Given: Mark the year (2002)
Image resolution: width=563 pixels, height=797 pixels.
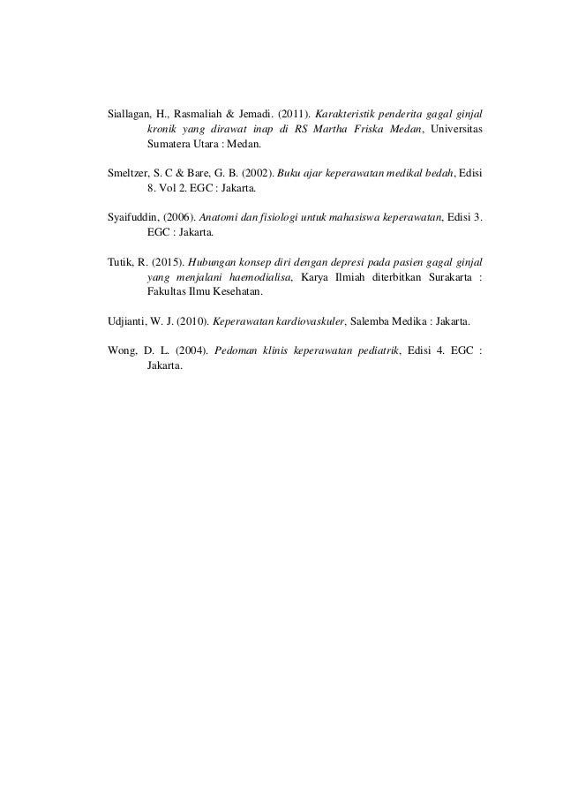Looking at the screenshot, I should [x=246, y=174].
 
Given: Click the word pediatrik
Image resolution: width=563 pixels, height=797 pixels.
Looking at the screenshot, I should [x=374, y=350].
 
